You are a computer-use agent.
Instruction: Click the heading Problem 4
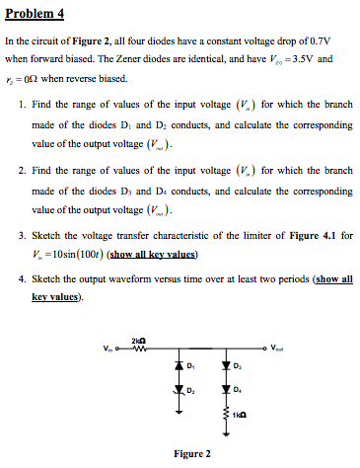[36, 14]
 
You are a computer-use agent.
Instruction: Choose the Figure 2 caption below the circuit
[191, 454]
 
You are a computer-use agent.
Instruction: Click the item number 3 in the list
[23, 237]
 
